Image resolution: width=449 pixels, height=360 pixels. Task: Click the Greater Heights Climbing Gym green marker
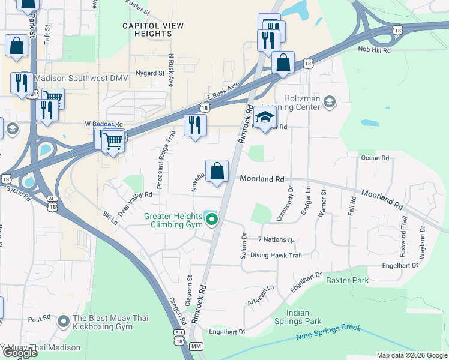211,221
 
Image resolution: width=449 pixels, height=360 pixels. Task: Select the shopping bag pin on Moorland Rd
217,172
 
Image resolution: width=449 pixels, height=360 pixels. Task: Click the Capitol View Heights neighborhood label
147,29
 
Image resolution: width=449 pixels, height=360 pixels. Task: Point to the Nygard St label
150,73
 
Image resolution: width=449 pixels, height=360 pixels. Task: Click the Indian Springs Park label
304,317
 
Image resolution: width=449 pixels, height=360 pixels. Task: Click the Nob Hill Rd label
374,50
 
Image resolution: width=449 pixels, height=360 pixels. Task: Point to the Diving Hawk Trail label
276,255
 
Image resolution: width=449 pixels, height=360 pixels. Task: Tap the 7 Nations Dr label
275,240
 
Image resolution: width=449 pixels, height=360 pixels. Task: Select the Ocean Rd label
375,158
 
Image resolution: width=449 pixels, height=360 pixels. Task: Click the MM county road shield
196,347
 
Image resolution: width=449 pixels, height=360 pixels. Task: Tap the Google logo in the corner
20,353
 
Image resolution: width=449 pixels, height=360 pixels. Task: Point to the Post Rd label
39,319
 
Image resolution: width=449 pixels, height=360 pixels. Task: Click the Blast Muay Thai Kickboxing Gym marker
63,322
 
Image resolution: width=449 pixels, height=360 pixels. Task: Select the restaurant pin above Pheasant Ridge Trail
194,125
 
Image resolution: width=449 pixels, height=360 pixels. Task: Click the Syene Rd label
17,189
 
